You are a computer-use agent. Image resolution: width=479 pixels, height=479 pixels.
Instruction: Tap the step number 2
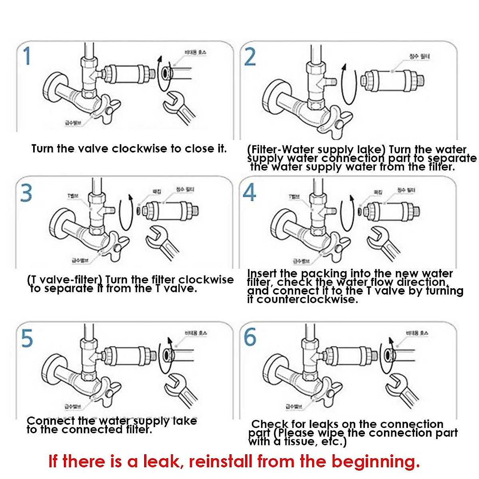tap(250, 57)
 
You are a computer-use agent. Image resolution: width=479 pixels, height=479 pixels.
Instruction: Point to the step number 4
tap(249, 193)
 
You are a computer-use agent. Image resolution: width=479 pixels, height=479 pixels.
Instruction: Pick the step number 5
tap(27, 338)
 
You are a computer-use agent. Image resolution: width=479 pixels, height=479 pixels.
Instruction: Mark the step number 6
tap(250, 337)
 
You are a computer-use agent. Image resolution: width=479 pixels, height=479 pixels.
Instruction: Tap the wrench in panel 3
tap(161, 242)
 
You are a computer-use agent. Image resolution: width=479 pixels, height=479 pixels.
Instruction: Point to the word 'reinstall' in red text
tap(221, 461)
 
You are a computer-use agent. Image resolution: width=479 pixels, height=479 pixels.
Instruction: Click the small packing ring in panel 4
tap(359, 210)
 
